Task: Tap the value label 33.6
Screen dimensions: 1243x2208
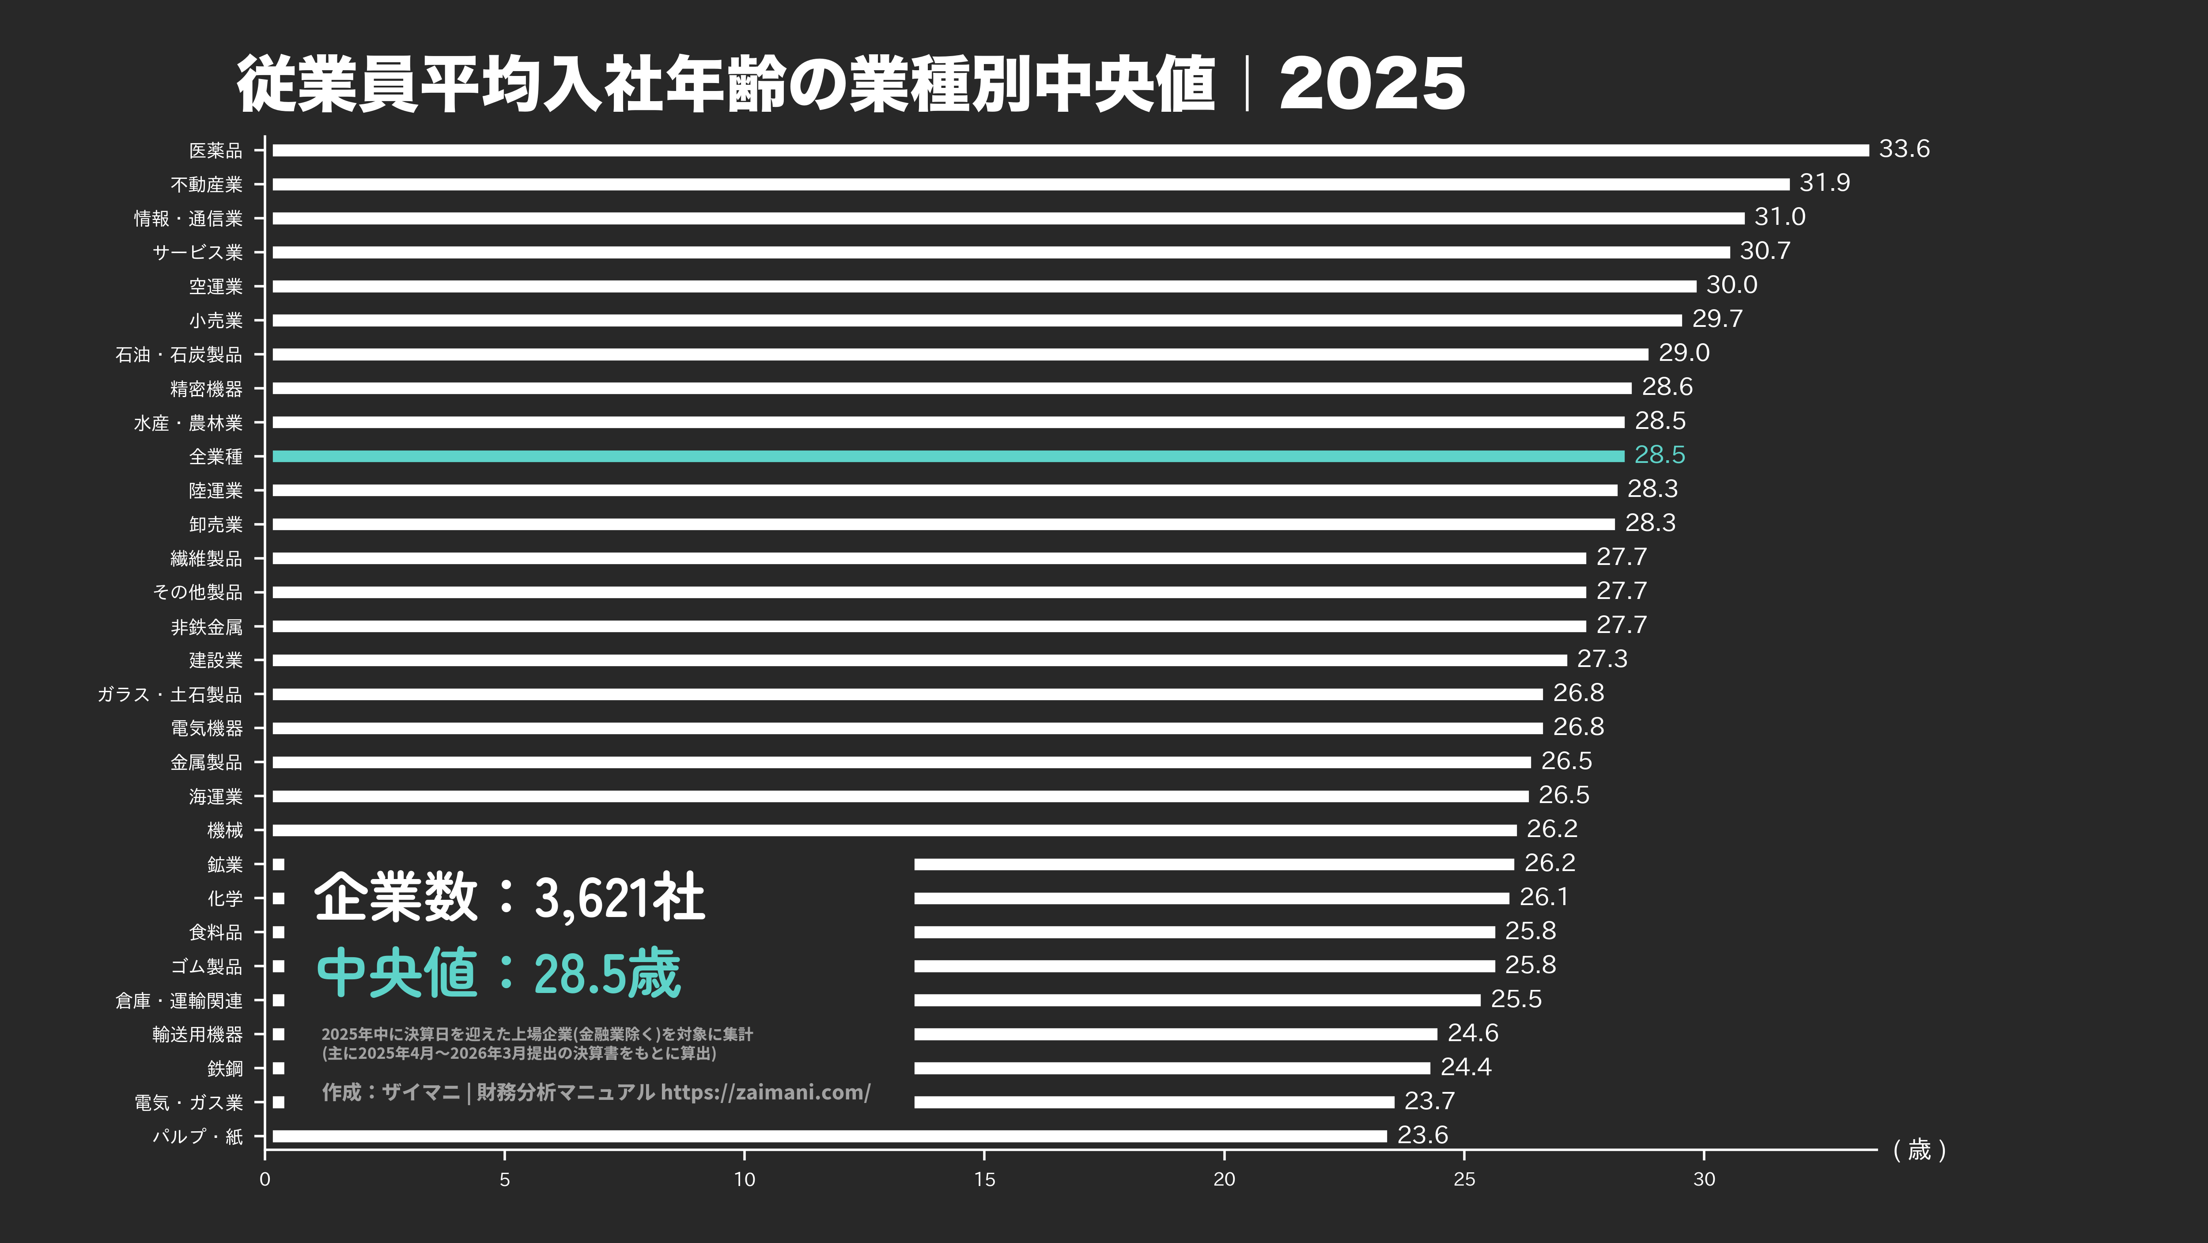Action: [1904, 149]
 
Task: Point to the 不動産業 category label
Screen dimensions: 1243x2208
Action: [207, 184]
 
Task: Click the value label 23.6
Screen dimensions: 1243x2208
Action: [1422, 1135]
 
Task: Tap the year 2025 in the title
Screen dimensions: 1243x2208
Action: [1372, 84]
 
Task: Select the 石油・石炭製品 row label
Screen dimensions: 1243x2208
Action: [178, 354]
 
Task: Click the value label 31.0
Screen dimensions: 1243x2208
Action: [1780, 217]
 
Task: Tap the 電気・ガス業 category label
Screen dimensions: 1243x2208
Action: [189, 1103]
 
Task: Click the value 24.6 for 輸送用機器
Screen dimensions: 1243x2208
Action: [1473, 1033]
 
